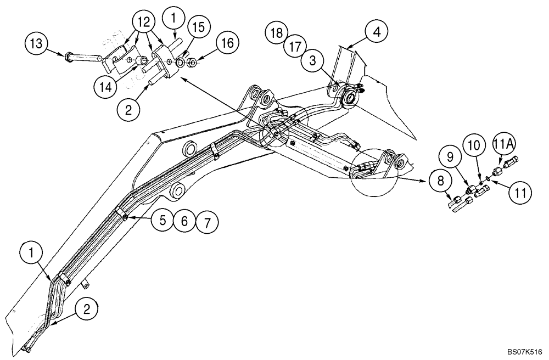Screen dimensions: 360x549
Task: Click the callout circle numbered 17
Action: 295,46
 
